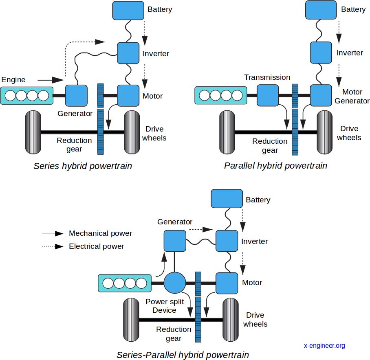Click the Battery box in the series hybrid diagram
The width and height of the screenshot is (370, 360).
coord(128,10)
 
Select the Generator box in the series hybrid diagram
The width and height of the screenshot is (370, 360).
coord(76,96)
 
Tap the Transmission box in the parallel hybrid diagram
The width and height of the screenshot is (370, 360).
coord(268,95)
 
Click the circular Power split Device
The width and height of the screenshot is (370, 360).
coord(175,283)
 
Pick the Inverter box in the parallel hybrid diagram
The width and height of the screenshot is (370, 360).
coord(321,52)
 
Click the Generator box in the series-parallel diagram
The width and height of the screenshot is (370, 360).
coord(175,241)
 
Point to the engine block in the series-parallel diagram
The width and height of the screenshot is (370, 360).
coord(125,283)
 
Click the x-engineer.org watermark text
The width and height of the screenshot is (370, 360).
coord(324,345)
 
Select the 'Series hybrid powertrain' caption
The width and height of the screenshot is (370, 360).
coord(83,166)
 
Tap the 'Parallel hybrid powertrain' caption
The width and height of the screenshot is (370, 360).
coord(275,166)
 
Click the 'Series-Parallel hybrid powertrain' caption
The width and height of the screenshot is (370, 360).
coord(183,355)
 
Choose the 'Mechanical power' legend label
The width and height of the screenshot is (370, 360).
coord(100,233)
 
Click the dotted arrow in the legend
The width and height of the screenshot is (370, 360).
coord(53,246)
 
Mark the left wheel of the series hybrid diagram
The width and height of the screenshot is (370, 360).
coord(33,132)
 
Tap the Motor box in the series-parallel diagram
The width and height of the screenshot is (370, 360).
coord(227,283)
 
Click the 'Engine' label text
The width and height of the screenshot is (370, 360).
coord(13,80)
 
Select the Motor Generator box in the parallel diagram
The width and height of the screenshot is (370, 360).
coord(321,95)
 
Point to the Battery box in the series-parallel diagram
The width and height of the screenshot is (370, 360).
coord(227,199)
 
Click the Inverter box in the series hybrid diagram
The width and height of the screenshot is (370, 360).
coord(128,53)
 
